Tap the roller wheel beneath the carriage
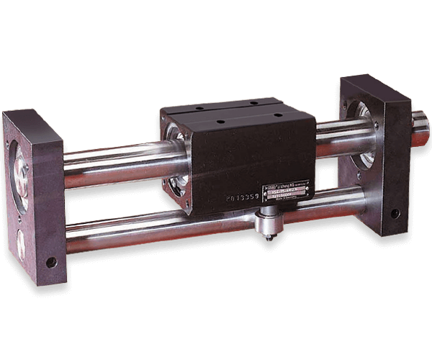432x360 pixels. (x=268, y=222)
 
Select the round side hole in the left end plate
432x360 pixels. (x=51, y=262)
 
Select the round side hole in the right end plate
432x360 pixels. (x=395, y=213)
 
